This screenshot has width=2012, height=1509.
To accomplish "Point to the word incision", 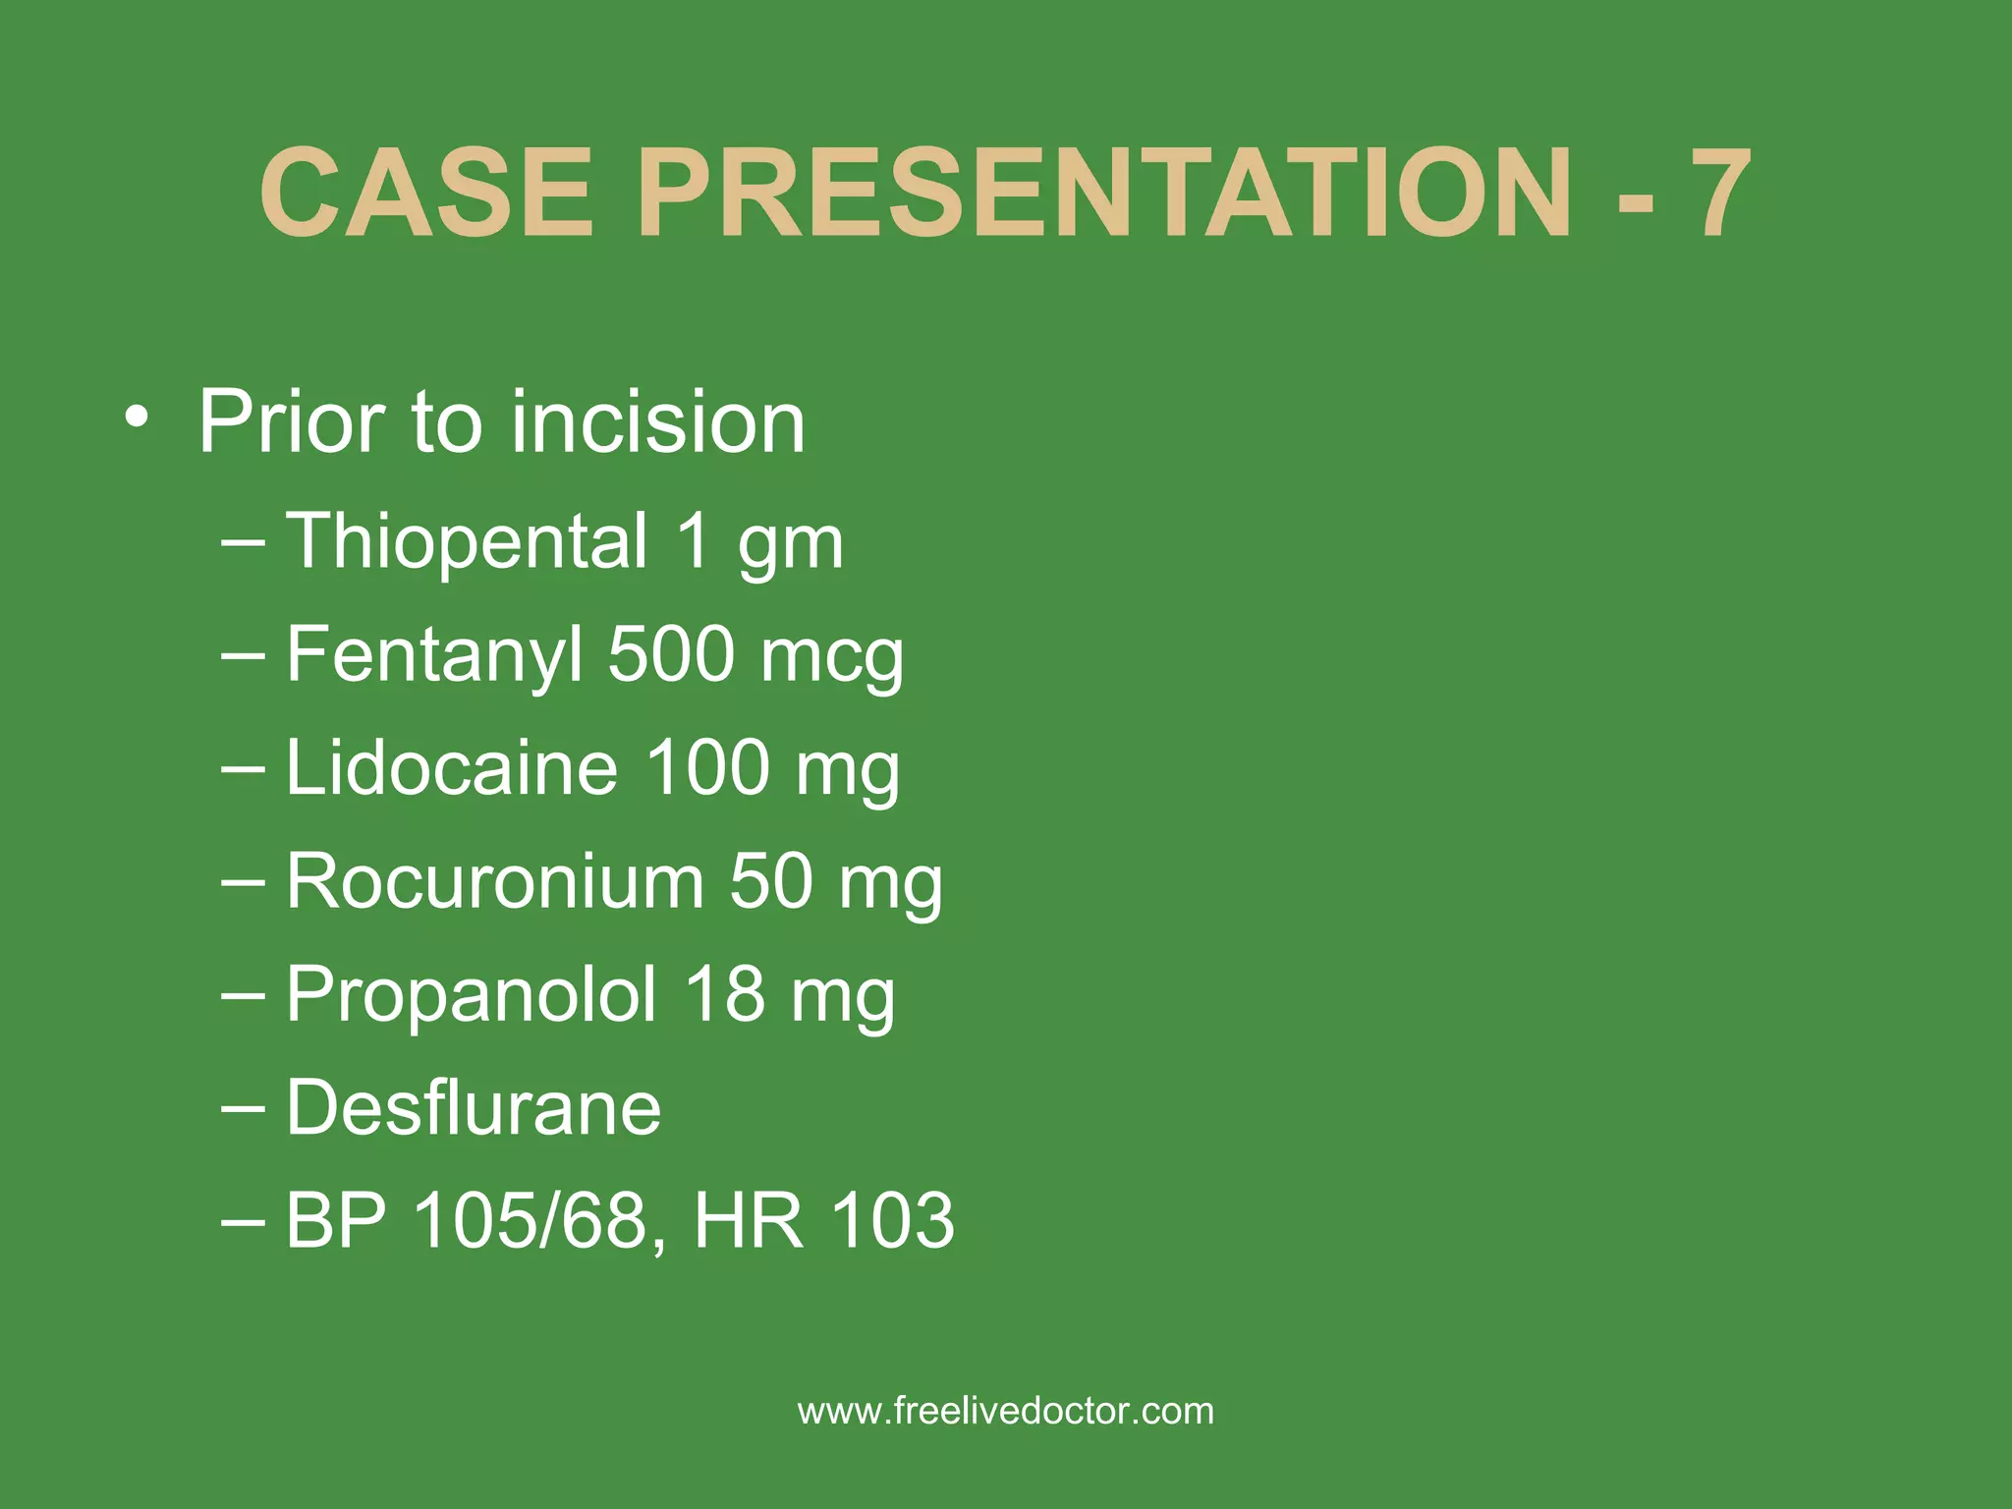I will (x=657, y=422).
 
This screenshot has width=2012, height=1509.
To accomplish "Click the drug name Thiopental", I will (x=467, y=540).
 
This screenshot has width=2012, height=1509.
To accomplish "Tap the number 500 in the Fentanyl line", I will (x=671, y=654).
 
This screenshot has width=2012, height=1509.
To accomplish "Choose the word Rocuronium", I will (x=495, y=881).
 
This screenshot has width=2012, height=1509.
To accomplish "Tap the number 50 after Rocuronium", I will (x=770, y=881).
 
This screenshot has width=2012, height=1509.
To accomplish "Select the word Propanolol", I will (x=471, y=994).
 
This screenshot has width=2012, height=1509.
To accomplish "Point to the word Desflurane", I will (x=474, y=1107).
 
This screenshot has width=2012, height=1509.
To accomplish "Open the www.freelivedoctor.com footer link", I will (x=1006, y=1412).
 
